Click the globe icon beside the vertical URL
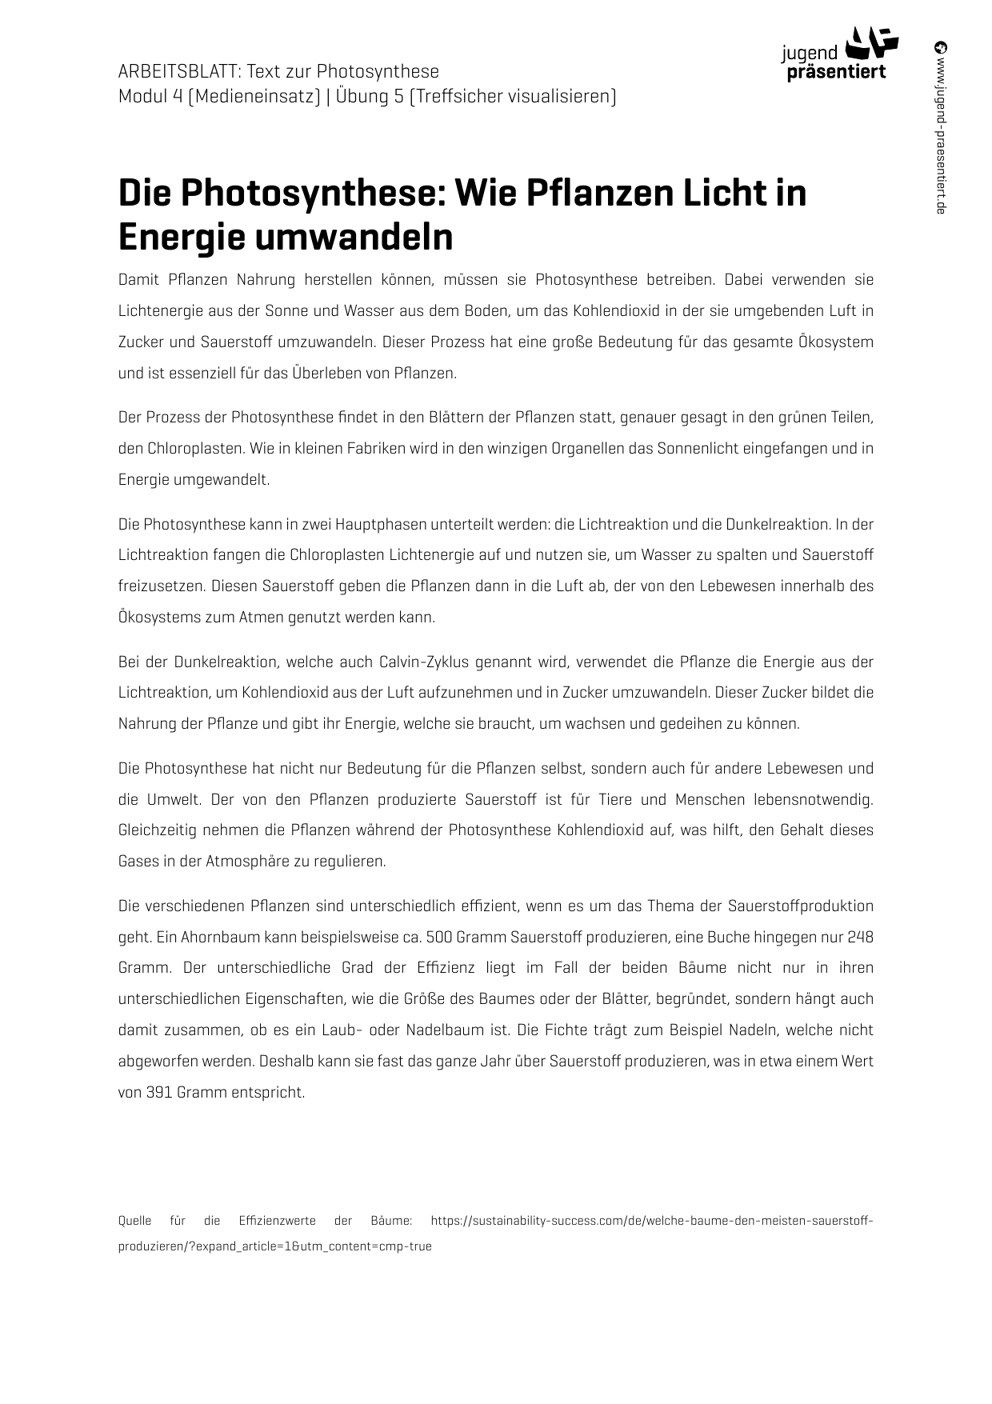tap(941, 46)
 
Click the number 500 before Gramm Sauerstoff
tap(439, 937)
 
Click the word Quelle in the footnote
tap(135, 1221)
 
